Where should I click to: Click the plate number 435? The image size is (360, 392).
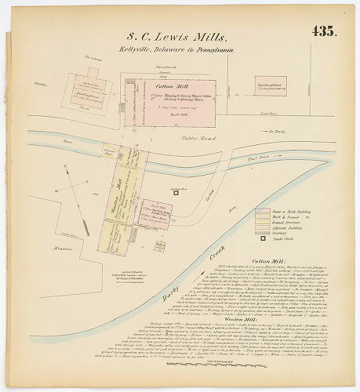pyautogui.click(x=323, y=32)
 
